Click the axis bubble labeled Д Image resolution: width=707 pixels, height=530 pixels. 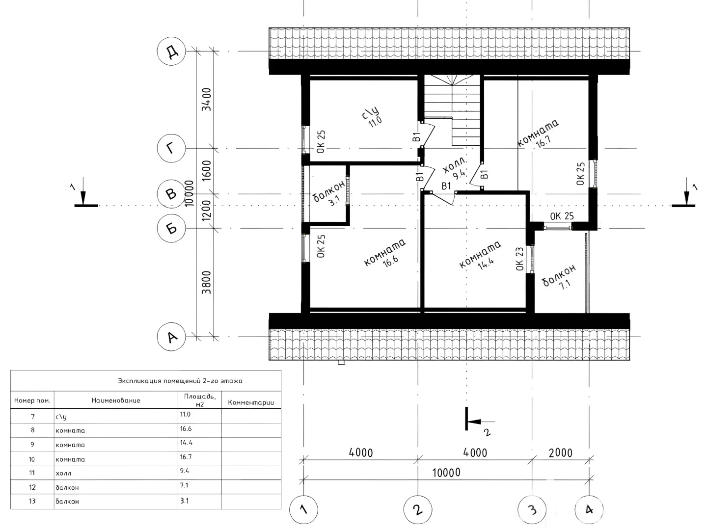(171, 51)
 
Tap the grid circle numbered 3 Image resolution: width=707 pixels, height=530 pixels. (532, 510)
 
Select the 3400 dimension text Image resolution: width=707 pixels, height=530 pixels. (207, 100)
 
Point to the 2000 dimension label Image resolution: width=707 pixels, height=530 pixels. (561, 453)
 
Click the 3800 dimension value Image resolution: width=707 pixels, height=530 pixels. (207, 282)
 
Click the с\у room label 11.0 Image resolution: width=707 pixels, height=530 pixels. (373, 117)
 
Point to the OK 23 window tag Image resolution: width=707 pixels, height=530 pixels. (519, 259)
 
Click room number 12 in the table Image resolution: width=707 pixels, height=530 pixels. (32, 487)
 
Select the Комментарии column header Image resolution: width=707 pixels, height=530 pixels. (251, 402)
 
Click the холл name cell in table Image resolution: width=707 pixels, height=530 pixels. (63, 473)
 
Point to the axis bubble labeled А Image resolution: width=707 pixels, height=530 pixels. (171, 337)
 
